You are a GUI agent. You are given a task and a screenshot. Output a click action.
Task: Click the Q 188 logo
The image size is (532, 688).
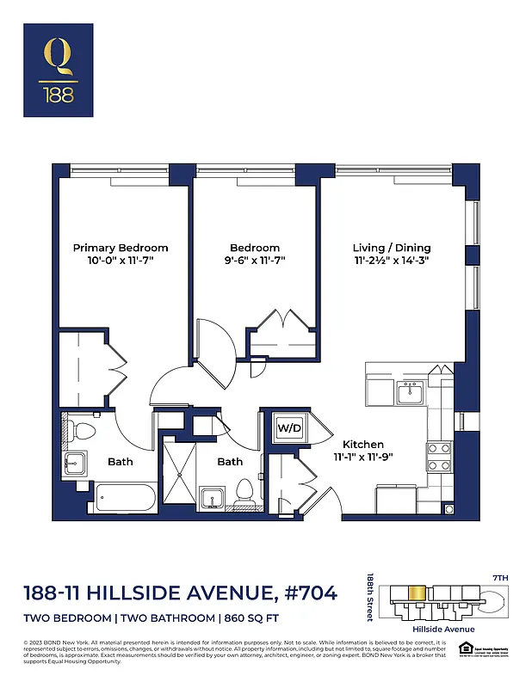click(60, 70)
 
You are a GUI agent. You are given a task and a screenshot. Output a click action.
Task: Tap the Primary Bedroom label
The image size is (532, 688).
click(120, 248)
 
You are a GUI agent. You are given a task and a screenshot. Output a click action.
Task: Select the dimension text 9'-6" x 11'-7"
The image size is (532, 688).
click(254, 260)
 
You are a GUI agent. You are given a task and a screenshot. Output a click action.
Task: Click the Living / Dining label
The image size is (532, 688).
click(391, 248)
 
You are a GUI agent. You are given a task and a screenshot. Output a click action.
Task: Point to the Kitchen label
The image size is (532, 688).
click(362, 444)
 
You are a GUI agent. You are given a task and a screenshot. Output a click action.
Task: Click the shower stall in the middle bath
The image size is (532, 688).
click(181, 473)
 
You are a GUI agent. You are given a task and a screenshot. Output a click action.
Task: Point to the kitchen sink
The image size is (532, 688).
click(409, 393)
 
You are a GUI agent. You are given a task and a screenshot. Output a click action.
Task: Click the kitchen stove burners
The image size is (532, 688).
click(439, 456)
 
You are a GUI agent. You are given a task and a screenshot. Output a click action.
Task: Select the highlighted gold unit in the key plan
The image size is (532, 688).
click(416, 594)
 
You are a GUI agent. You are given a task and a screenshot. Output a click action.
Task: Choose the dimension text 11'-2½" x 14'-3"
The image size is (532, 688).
click(391, 260)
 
